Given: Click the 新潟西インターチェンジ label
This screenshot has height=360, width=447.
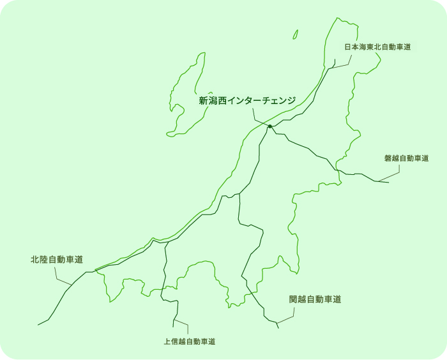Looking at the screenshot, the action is (247, 101).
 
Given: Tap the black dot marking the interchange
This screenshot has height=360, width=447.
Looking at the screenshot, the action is (270, 126).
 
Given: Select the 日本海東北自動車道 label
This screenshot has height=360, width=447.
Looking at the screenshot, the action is (377, 47).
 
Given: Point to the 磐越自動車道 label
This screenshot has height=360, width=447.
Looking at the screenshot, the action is (406, 158).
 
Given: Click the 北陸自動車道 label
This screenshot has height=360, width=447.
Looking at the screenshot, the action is (57, 260).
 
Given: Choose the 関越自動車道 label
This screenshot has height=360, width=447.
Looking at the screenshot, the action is (315, 299).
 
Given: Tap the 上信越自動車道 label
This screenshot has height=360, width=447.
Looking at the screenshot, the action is (189, 341).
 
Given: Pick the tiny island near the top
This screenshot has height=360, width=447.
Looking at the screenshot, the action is (296, 34).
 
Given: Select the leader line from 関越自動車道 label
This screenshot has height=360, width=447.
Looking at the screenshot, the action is (287, 316).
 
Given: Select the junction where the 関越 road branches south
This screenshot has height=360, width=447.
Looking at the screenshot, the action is (239, 193).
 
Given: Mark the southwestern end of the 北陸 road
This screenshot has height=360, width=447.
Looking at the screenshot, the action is (38, 325).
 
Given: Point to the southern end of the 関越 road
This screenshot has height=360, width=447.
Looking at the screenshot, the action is (278, 327).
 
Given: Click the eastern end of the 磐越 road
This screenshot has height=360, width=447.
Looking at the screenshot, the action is (388, 183).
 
